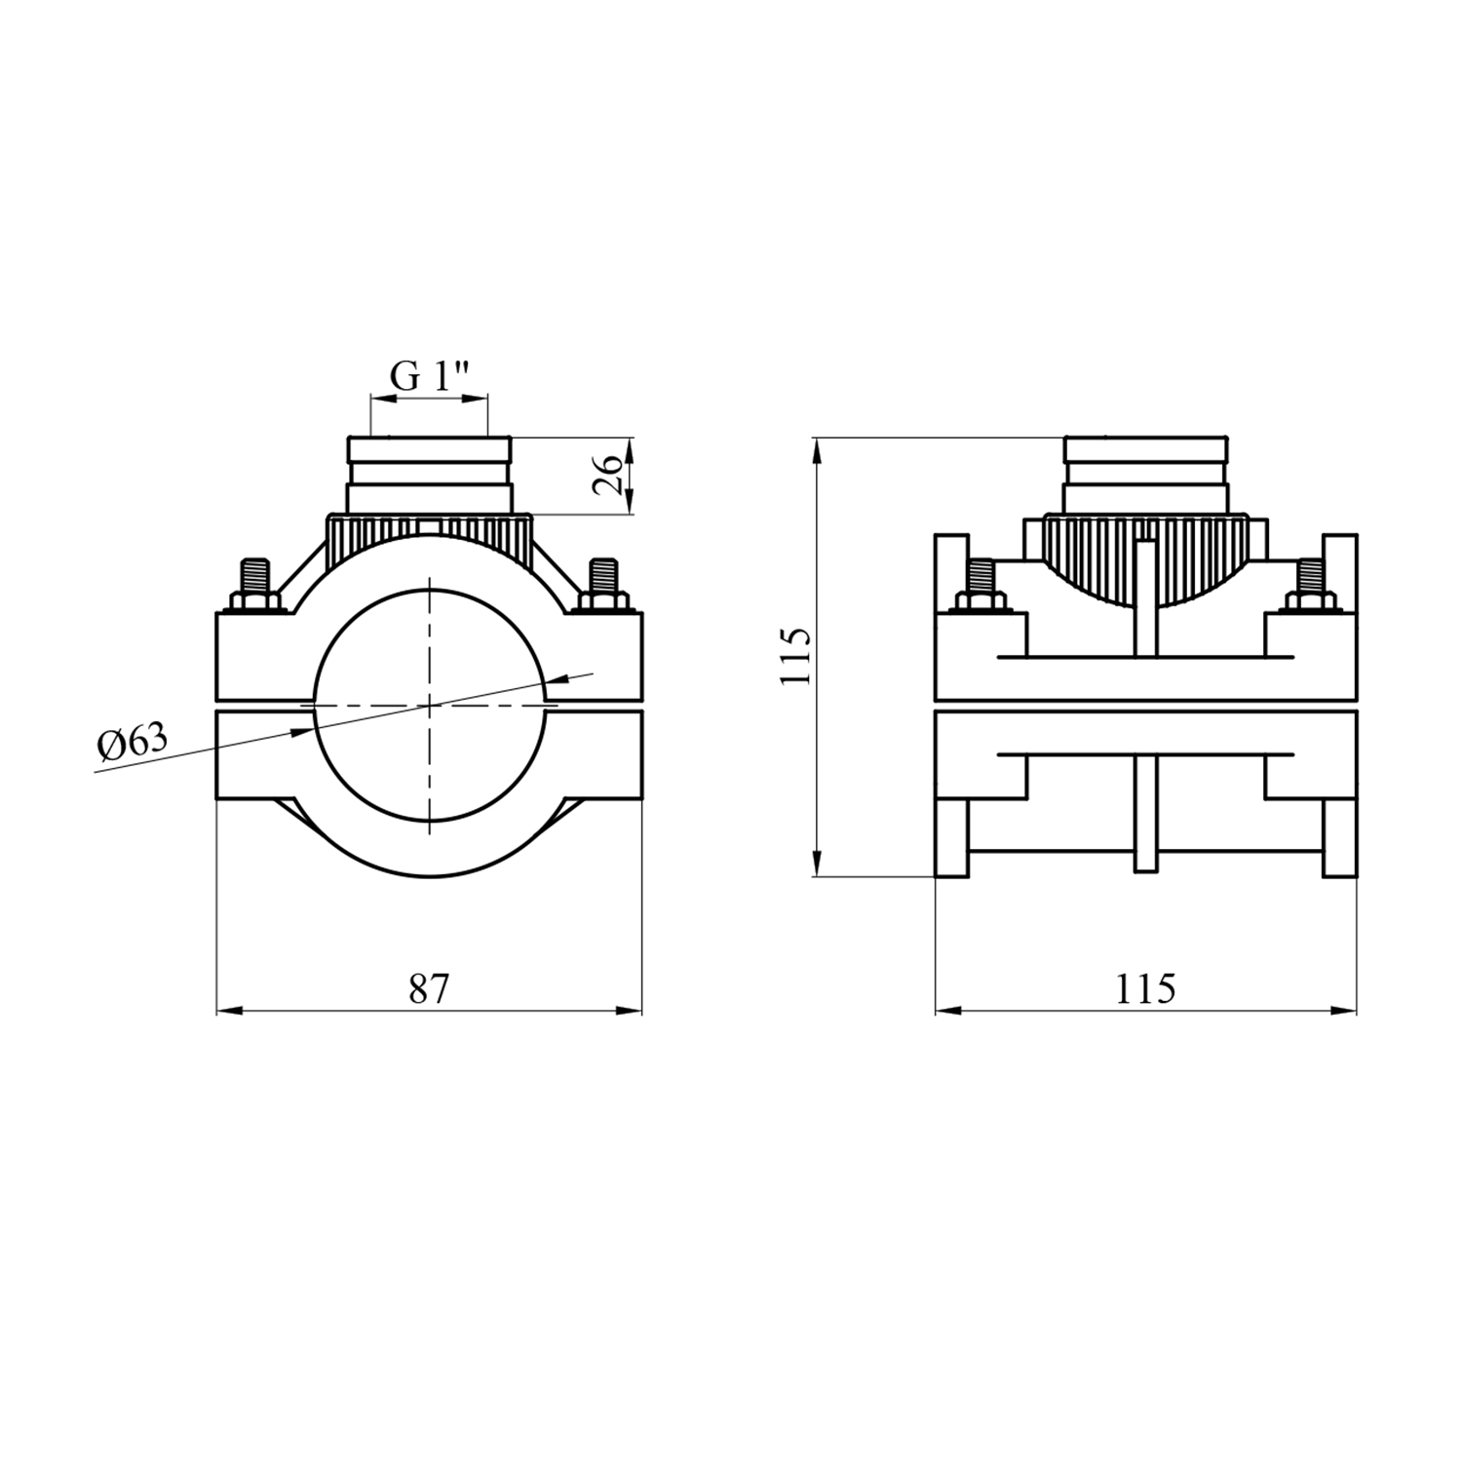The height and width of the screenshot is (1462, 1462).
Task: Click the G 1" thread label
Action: pos(430,375)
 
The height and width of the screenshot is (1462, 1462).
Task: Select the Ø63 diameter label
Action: pos(132,744)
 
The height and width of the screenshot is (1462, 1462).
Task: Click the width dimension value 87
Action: pos(429,989)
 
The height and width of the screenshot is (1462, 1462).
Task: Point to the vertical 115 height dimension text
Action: pos(795,656)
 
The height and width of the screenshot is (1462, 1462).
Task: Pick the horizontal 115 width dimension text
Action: pos(1145,989)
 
